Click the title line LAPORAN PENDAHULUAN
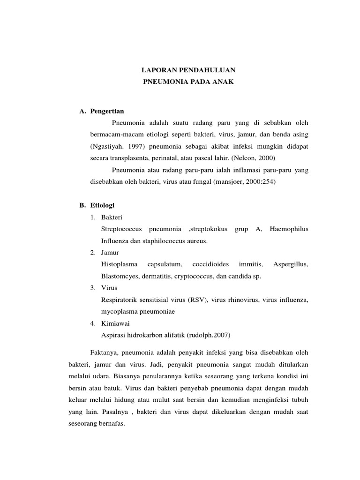pos(188,70)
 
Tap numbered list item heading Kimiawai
pos(114,323)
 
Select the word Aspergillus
pos(291,264)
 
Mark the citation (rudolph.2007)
pos(210,335)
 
